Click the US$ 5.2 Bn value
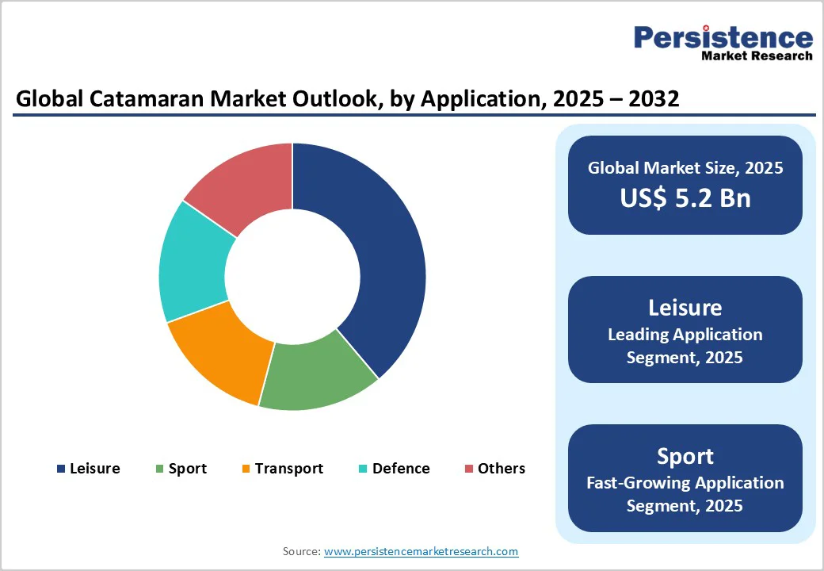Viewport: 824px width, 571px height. coord(685,197)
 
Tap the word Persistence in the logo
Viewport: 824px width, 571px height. coord(723,37)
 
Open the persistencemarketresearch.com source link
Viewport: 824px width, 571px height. coord(422,551)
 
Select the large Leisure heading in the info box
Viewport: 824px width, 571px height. coord(685,308)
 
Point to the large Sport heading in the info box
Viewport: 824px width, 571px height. coord(685,456)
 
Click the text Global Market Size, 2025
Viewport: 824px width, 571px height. coord(685,167)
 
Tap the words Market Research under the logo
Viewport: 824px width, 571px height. coord(757,56)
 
